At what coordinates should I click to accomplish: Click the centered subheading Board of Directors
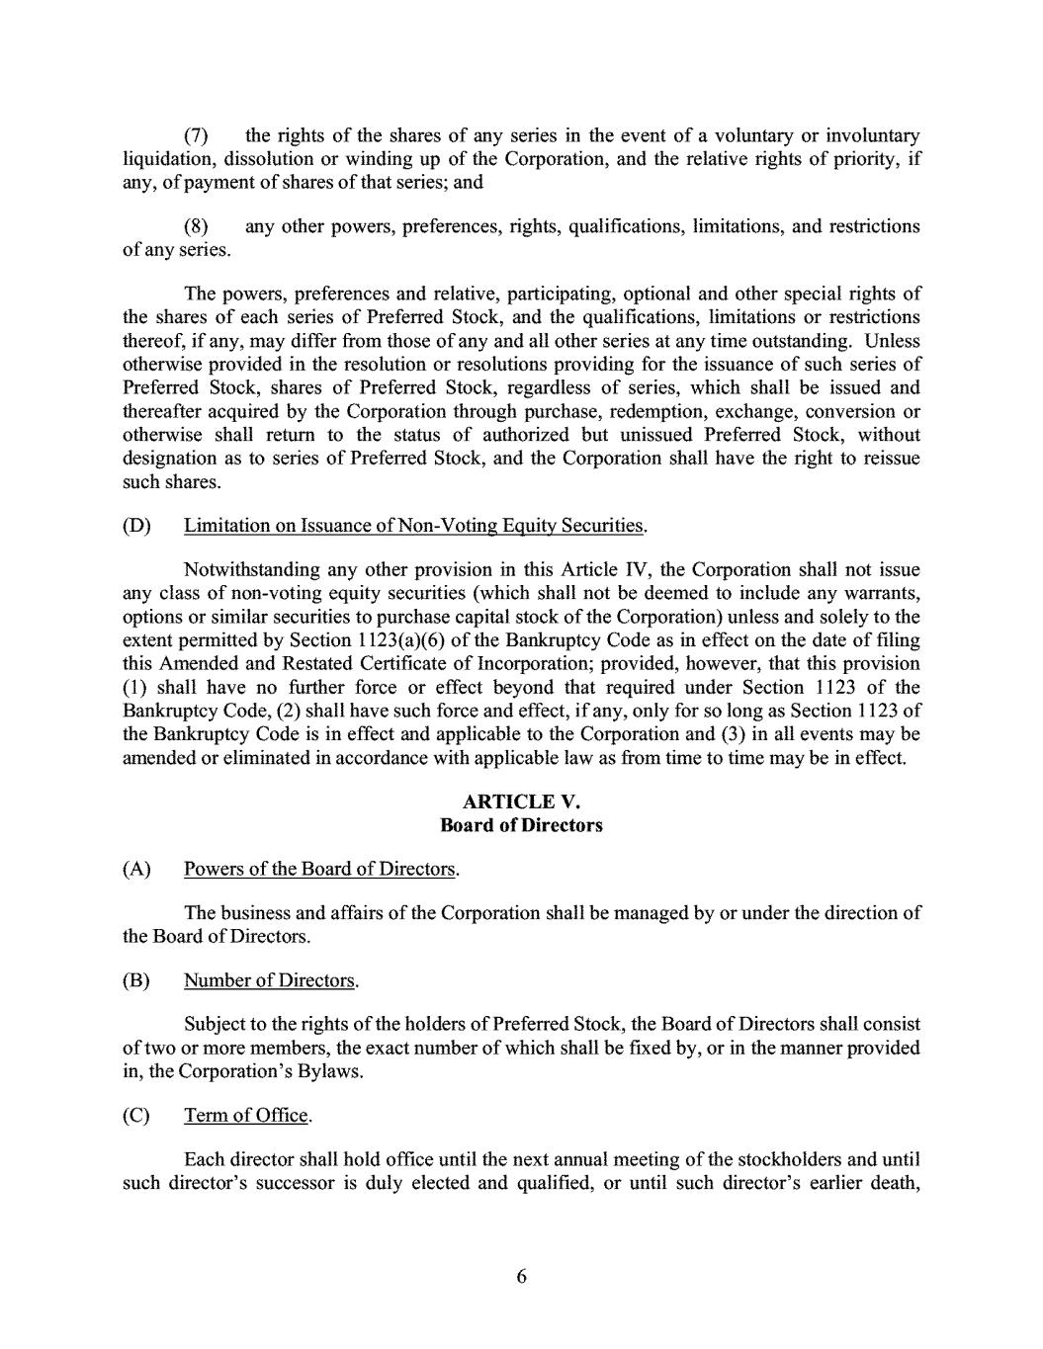521,825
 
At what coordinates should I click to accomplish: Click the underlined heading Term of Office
247,1116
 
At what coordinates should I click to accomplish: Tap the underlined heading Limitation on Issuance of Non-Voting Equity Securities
414,526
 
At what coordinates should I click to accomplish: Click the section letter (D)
136,526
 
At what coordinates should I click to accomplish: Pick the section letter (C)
136,1116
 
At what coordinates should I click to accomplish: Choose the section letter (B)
136,980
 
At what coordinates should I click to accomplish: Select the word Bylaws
331,1071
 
